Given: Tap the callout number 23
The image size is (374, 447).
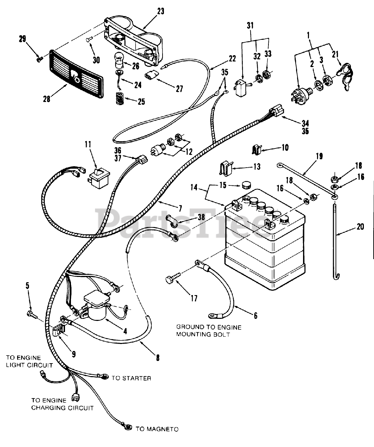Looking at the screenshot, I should [160, 11].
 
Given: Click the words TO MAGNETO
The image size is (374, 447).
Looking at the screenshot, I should [157, 429].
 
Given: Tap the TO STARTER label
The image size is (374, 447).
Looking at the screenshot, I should [131, 378].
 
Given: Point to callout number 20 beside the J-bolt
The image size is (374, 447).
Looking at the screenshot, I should [360, 227].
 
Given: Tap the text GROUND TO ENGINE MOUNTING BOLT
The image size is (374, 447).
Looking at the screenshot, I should [209, 331].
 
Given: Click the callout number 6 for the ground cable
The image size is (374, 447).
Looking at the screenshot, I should [256, 316].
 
